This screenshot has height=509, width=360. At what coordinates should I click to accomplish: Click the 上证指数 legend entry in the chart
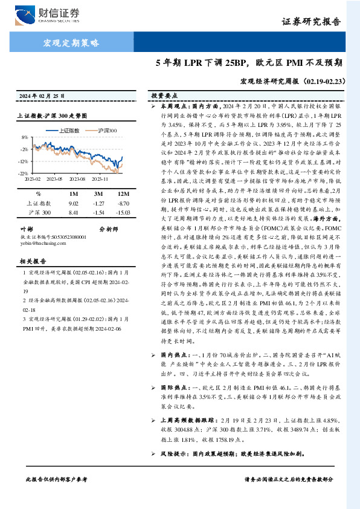point(69,130)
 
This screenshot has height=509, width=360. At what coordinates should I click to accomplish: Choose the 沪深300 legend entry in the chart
point(106,130)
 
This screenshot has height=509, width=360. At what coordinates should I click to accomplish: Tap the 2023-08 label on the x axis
point(77,179)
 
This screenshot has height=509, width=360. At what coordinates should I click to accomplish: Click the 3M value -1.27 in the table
point(98,204)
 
